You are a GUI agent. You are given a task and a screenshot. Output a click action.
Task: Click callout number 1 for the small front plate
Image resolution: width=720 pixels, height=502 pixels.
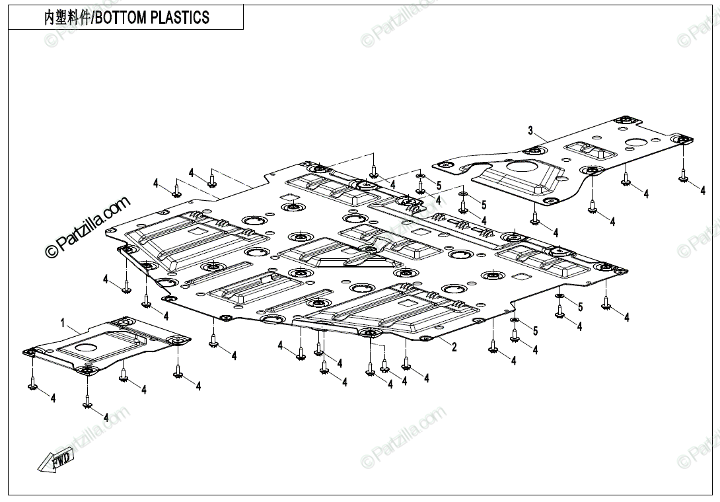[63, 324]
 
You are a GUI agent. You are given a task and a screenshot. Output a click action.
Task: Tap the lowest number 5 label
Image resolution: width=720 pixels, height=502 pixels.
[536, 331]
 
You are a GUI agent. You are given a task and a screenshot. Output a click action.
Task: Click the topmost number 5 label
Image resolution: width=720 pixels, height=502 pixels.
[439, 186]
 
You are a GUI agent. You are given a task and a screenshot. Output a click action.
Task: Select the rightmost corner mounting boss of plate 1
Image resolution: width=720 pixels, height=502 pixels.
[177, 340]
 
